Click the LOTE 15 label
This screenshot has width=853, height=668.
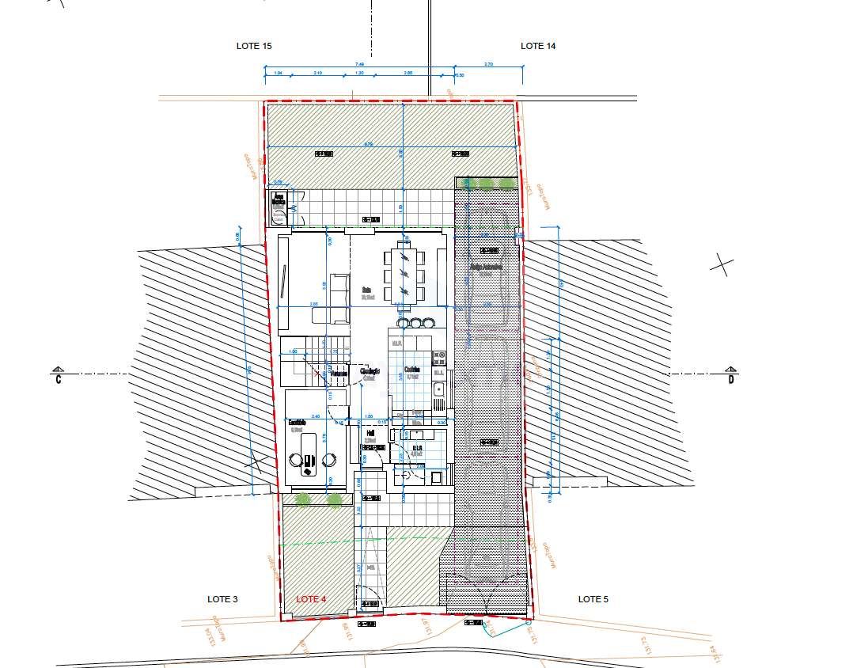click(x=254, y=46)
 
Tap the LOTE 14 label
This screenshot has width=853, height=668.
click(x=538, y=46)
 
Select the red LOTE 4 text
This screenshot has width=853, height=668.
click(x=311, y=599)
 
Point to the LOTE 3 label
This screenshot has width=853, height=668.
click(x=222, y=599)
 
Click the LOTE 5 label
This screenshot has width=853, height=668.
click(x=593, y=599)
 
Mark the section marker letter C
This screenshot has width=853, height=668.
click(x=58, y=380)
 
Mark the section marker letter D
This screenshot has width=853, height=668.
click(x=731, y=380)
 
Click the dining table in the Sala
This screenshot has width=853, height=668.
click(x=404, y=275)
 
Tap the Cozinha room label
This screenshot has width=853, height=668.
click(x=411, y=370)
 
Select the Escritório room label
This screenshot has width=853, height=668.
click(x=297, y=422)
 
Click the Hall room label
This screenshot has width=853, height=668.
click(x=370, y=434)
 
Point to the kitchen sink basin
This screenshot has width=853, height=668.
click(x=438, y=389)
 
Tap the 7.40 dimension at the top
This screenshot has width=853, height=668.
click(x=359, y=65)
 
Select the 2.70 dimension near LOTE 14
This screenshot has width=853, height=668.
click(x=488, y=65)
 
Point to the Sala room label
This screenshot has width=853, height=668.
click(x=367, y=290)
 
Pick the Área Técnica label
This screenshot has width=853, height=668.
click(x=278, y=199)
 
